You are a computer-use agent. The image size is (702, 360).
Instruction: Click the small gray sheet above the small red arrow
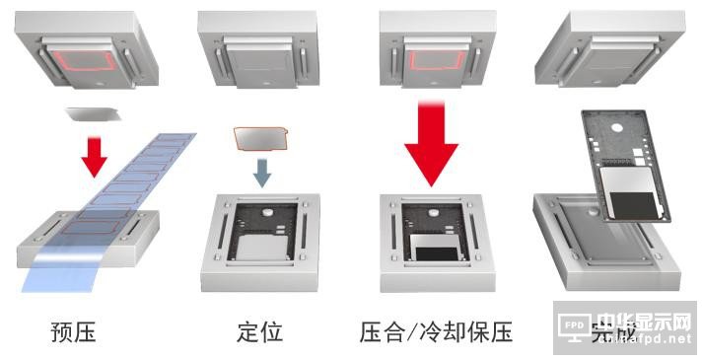94,115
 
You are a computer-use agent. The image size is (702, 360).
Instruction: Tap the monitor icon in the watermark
577,324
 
